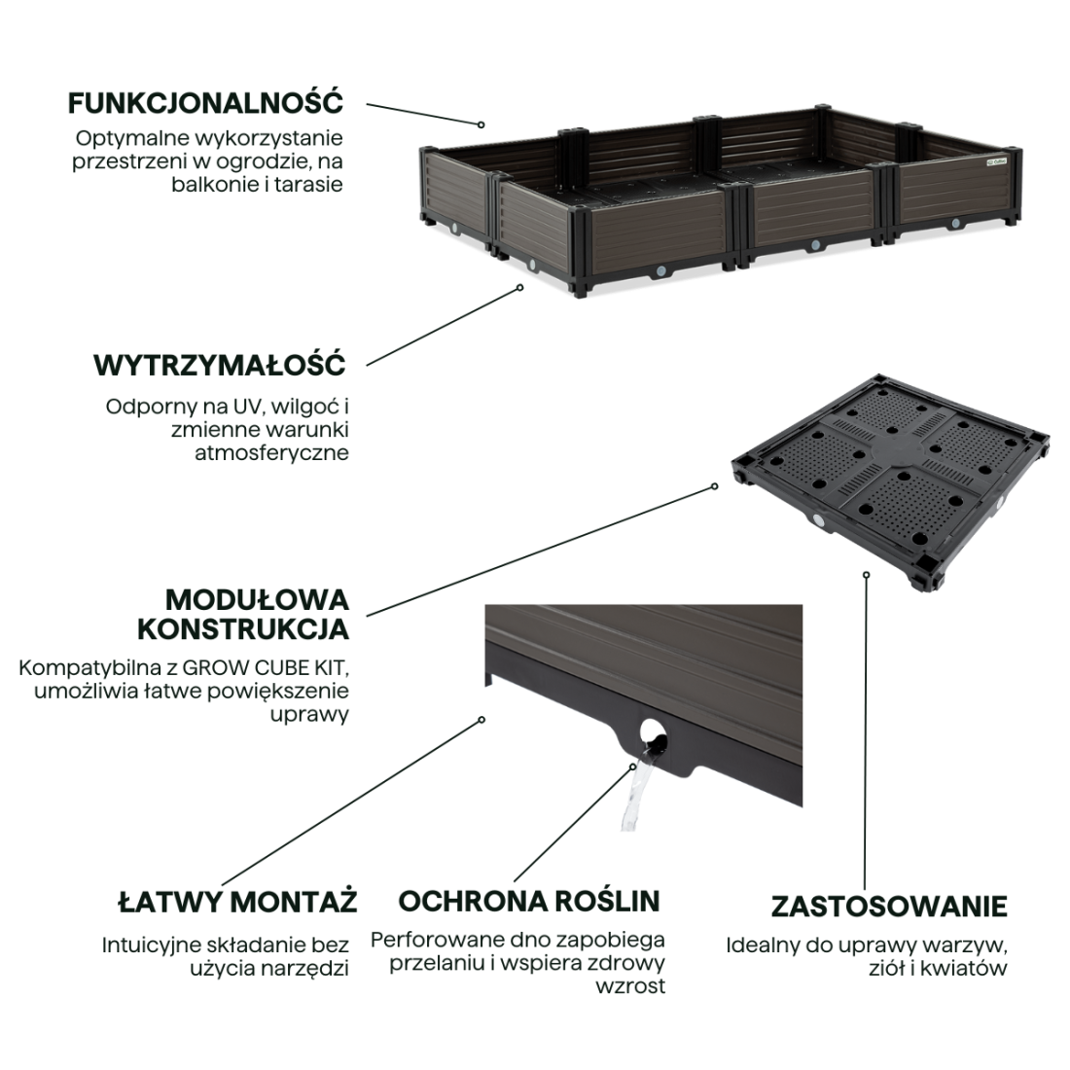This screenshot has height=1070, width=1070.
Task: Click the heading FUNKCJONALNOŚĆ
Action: pos(205,103)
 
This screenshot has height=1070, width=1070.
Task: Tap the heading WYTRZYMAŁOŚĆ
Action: pos(220,365)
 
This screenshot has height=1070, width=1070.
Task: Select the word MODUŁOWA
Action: pos(257,600)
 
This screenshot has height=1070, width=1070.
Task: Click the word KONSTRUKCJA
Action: pos(243,629)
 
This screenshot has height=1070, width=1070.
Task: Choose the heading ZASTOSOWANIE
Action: pos(889,907)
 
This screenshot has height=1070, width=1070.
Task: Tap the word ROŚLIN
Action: pos(607,901)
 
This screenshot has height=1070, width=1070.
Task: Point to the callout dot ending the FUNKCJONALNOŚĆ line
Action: pos(481,125)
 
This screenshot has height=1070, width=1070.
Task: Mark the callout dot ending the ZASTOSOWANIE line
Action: pos(866,575)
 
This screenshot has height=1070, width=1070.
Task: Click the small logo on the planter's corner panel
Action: pos(996,161)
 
